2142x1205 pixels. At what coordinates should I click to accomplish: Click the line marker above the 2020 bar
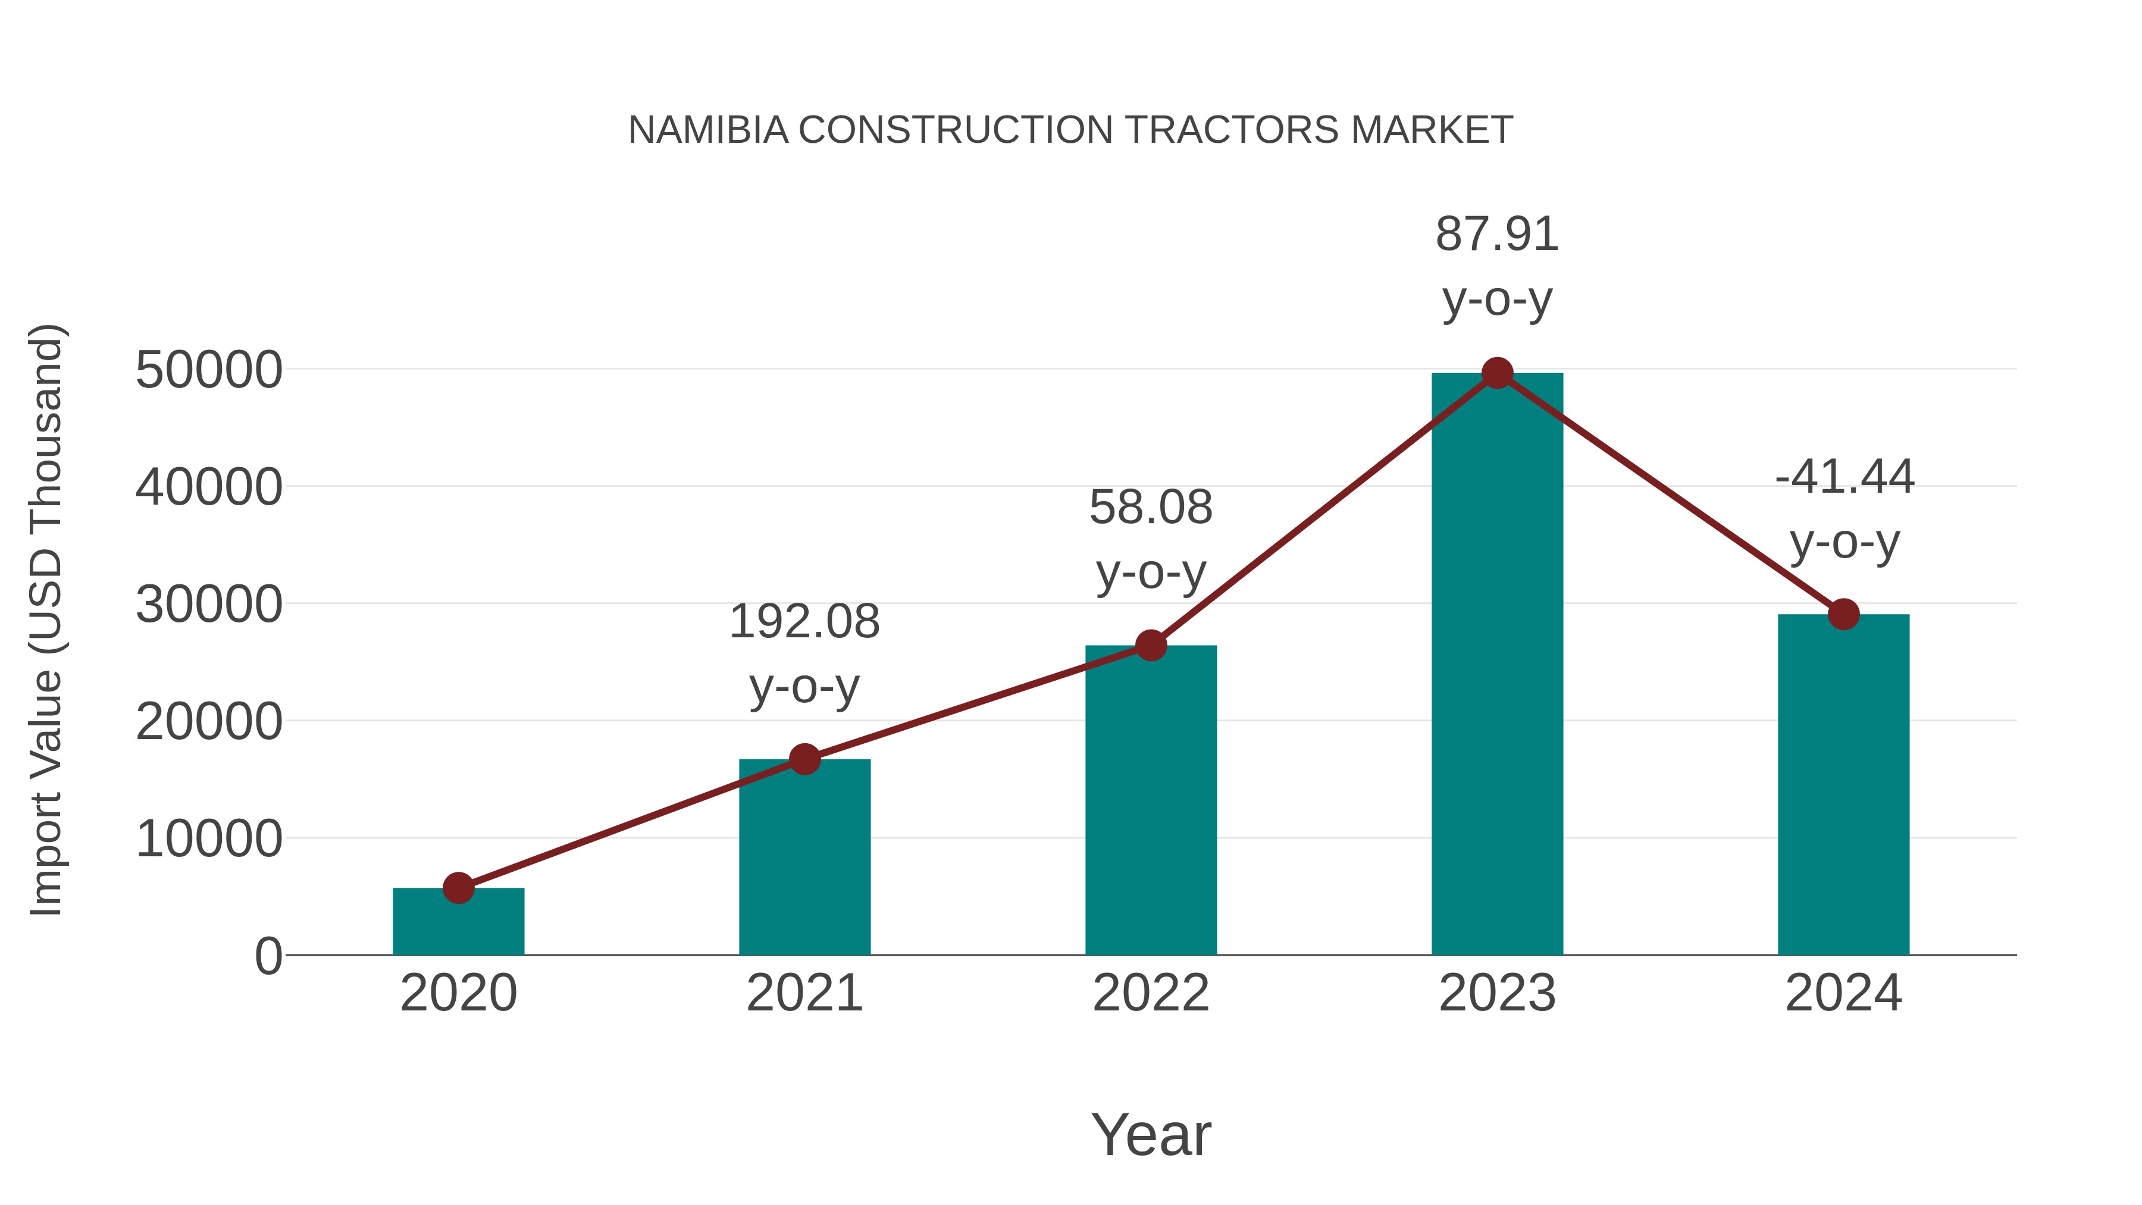(x=458, y=888)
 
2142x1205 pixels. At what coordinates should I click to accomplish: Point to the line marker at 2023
(x=1497, y=373)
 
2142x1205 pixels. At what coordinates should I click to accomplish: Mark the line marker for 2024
(x=1843, y=615)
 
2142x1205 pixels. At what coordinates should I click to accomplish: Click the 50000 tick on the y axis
(x=209, y=370)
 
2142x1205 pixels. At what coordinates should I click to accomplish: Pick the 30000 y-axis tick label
(x=209, y=605)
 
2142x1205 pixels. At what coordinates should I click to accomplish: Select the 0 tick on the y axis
(x=268, y=956)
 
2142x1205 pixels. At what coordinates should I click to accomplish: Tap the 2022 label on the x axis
(x=1151, y=993)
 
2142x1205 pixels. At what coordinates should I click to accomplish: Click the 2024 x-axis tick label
(x=1843, y=993)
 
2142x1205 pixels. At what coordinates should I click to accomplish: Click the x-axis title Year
(x=1151, y=1134)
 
